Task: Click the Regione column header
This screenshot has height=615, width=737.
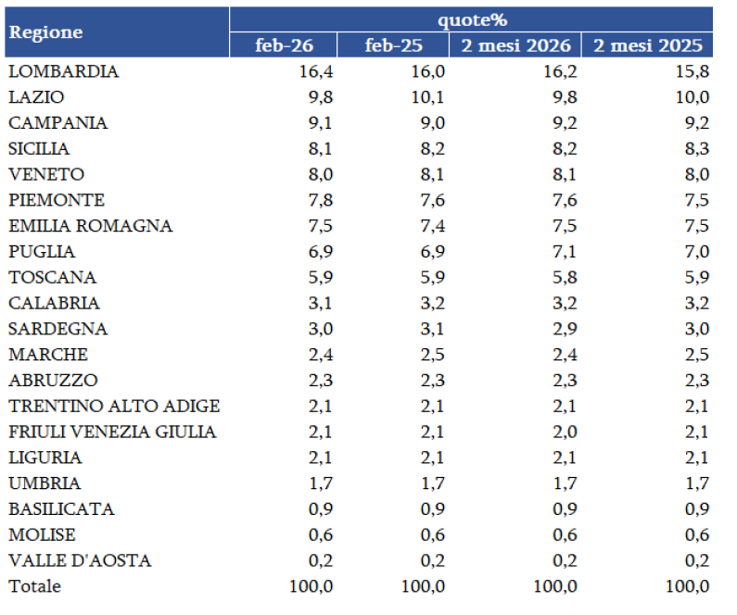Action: pyautogui.click(x=45, y=32)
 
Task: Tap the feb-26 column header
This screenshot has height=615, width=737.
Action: pyautogui.click(x=283, y=45)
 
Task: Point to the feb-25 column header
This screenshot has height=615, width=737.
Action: pyautogui.click(x=393, y=45)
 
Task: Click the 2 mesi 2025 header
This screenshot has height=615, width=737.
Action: pyautogui.click(x=648, y=45)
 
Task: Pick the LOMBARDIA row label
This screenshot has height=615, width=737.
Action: pyautogui.click(x=64, y=71)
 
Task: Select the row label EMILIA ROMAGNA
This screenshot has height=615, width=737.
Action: pyautogui.click(x=91, y=226)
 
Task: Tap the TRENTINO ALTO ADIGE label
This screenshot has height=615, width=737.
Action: pyautogui.click(x=114, y=406)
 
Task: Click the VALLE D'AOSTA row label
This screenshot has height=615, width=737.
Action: pyautogui.click(x=80, y=560)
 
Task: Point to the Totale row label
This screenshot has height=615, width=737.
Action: pyautogui.click(x=35, y=586)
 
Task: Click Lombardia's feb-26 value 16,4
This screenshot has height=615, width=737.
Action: pyautogui.click(x=316, y=71)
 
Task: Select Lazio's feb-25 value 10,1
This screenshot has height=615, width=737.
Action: pyautogui.click(x=427, y=97)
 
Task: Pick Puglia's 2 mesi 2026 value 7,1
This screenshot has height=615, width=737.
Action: pyautogui.click(x=565, y=252)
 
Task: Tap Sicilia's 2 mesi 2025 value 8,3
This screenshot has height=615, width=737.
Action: pyautogui.click(x=695, y=148)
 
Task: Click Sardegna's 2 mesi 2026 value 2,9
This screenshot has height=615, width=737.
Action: pyautogui.click(x=565, y=329)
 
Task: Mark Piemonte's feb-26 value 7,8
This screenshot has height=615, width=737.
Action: pyautogui.click(x=320, y=200)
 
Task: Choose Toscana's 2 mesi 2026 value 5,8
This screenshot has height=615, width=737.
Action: pyautogui.click(x=565, y=277)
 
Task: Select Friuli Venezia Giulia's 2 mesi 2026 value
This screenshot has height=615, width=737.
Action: pyautogui.click(x=565, y=432)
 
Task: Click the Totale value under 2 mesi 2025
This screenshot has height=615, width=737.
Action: pyautogui.click(x=687, y=586)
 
